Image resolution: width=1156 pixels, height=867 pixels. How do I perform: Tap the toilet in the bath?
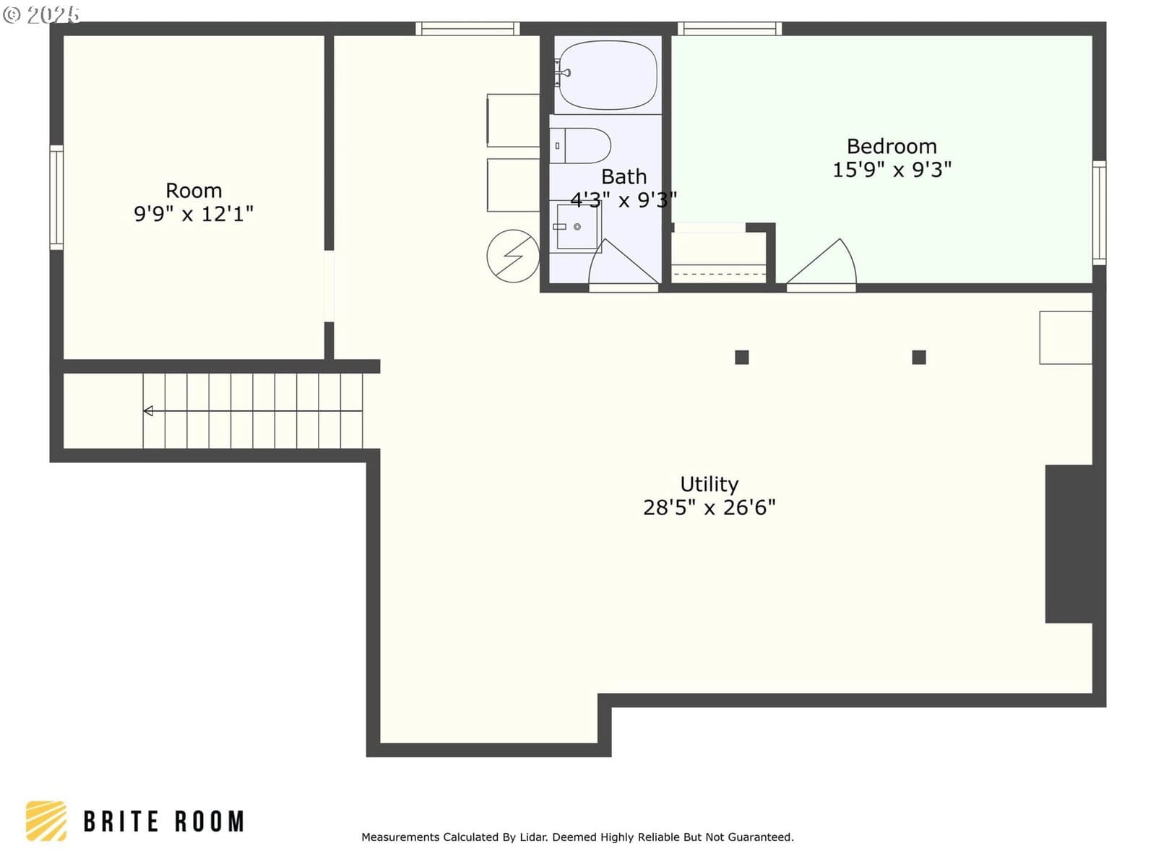[580, 145]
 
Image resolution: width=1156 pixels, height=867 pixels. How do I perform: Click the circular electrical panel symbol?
[512, 256]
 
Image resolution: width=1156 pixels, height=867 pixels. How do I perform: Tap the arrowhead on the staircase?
[149, 410]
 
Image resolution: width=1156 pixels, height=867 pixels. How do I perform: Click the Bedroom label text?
[892, 146]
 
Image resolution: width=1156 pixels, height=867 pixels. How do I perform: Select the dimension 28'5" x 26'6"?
[709, 507]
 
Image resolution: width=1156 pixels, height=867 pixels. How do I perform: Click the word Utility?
[709, 484]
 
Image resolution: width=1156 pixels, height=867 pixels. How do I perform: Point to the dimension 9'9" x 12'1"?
[194, 214]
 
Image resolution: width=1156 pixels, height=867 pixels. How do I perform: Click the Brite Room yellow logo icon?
[46, 821]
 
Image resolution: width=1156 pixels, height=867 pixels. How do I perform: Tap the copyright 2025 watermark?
[41, 14]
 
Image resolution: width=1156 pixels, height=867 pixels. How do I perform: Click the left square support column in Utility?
[741, 358]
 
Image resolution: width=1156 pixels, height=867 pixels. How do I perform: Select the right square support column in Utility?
[918, 358]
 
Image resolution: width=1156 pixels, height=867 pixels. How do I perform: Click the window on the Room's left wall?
[56, 197]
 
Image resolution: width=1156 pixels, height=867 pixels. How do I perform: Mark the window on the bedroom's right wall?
[1099, 212]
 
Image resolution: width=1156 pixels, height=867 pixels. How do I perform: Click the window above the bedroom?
[730, 28]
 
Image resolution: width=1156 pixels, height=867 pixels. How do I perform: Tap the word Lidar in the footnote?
[533, 837]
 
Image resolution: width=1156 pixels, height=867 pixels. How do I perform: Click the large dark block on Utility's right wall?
[1069, 544]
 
